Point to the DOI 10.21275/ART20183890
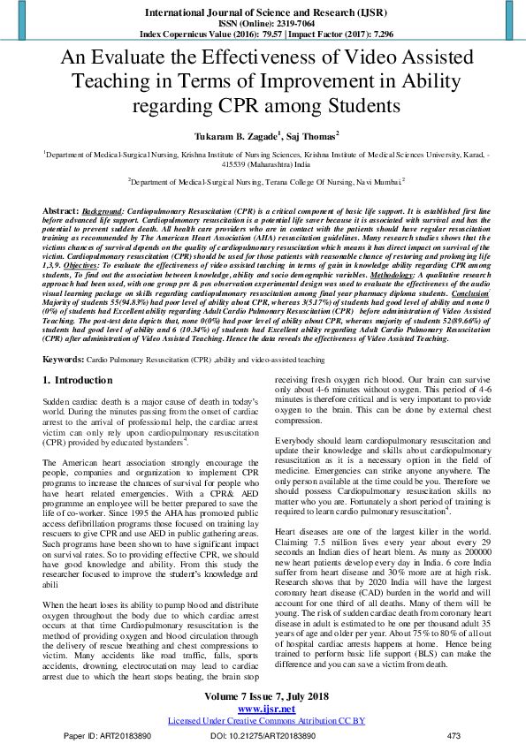tap(258, 735)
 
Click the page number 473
tap(454, 735)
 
